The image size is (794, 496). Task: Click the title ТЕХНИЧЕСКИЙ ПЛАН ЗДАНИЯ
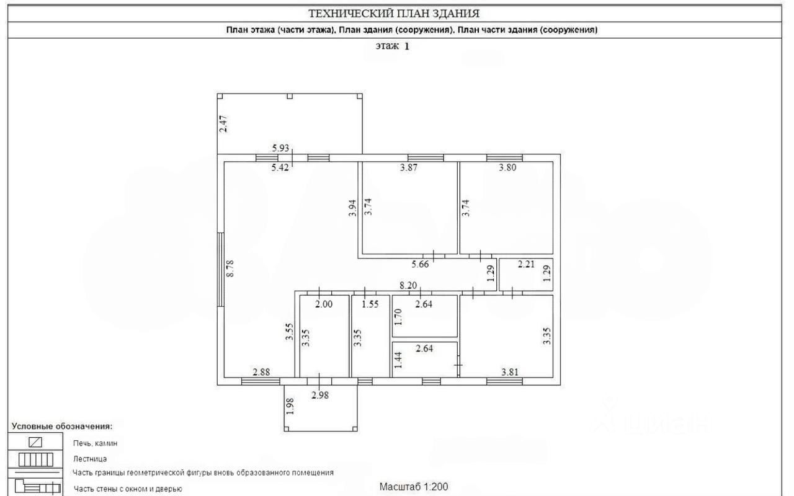tap(394, 13)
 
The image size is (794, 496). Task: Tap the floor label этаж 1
tap(393, 46)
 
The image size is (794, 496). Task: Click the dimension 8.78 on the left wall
tap(231, 268)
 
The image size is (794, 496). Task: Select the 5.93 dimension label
tap(281, 148)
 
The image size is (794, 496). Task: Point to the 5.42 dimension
tap(281, 167)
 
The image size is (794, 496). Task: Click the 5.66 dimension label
tap(420, 264)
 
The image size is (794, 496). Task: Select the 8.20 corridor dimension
tap(408, 286)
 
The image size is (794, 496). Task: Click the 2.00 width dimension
tap(324, 304)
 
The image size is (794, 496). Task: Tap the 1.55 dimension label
tap(370, 304)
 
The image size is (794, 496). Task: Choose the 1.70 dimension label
tap(399, 316)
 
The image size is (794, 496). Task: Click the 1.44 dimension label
tap(399, 360)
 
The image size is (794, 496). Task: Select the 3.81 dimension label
tap(510, 372)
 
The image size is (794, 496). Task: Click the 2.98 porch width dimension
tap(320, 395)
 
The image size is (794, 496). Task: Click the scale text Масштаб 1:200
tap(414, 487)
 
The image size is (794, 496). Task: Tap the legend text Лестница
tap(90, 459)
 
